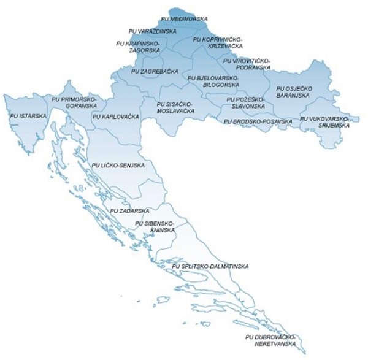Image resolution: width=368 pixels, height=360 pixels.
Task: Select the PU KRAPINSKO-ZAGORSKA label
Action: click(x=138, y=47)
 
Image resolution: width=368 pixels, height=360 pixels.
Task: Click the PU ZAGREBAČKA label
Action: click(x=155, y=71)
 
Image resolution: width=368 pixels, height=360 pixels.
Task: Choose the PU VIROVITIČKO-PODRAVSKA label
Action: click(x=247, y=64)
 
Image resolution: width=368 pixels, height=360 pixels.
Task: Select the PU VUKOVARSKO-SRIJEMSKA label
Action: click(x=324, y=121)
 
